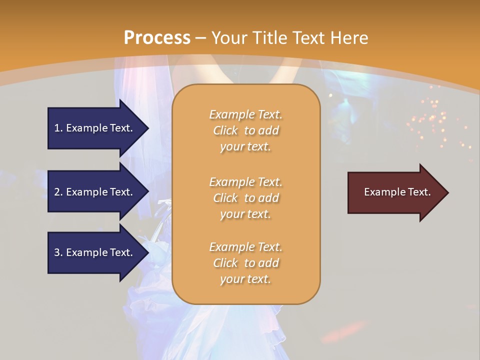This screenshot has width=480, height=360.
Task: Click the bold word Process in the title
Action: pyautogui.click(x=157, y=38)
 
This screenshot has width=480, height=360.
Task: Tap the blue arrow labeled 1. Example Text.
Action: pyautogui.click(x=95, y=128)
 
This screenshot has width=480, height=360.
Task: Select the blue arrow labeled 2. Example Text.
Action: pyautogui.click(x=95, y=192)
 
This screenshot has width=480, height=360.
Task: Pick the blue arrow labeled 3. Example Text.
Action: pyautogui.click(x=95, y=252)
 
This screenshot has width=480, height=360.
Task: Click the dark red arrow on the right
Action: pyautogui.click(x=395, y=192)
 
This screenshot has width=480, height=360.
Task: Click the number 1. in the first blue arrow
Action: pyautogui.click(x=58, y=128)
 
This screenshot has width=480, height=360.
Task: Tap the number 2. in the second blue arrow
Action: pyautogui.click(x=58, y=192)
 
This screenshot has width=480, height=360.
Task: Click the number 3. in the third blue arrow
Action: pyautogui.click(x=58, y=252)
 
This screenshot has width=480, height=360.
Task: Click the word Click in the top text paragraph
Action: pyautogui.click(x=225, y=130)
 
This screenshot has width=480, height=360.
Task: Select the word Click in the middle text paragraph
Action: pyautogui.click(x=225, y=198)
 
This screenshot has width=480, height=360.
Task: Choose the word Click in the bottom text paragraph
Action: pyautogui.click(x=225, y=263)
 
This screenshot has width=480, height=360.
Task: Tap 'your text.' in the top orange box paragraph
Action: pyautogui.click(x=245, y=146)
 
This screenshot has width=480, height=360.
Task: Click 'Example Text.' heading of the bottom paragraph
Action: pyautogui.click(x=245, y=247)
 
